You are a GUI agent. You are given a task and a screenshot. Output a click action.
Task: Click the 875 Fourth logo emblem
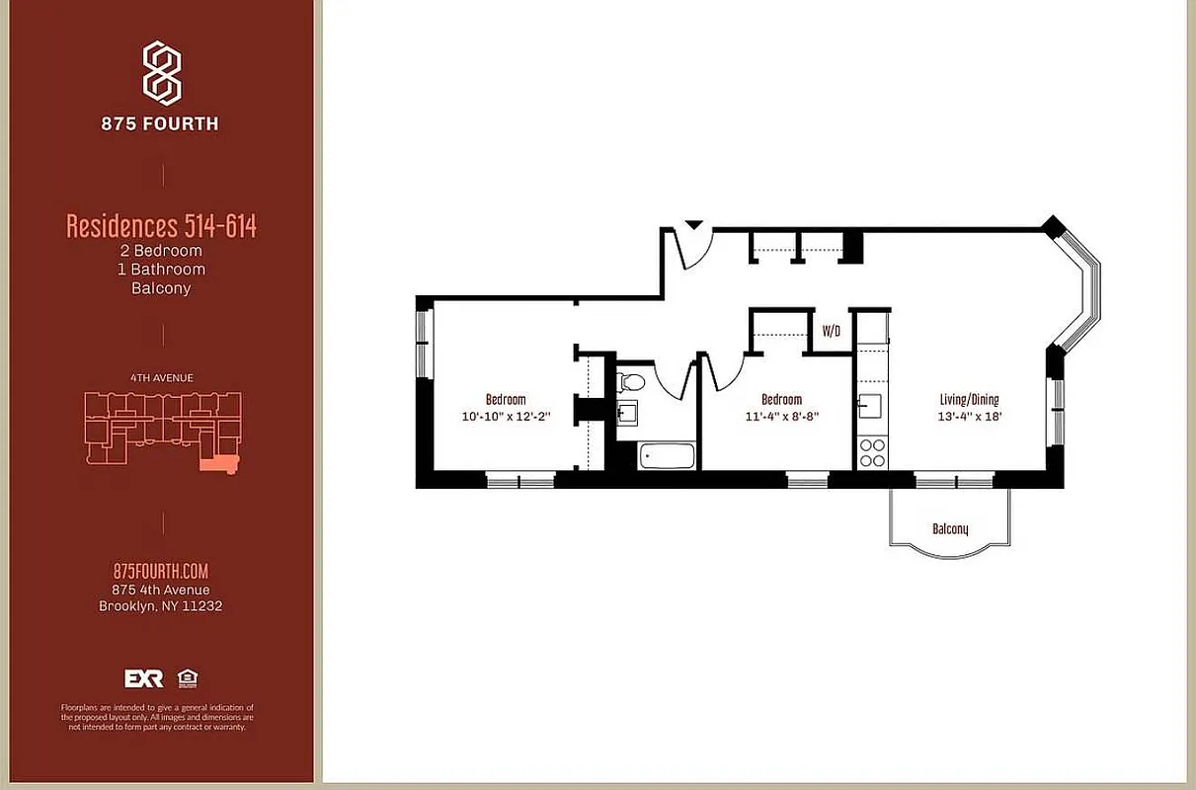tap(162, 72)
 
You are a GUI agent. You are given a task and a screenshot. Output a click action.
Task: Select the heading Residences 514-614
tap(161, 226)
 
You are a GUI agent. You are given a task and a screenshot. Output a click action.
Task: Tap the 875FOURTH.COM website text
tap(161, 572)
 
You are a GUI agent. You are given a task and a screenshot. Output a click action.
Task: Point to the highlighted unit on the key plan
tap(217, 464)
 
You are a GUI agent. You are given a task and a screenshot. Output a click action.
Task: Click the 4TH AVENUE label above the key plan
tap(161, 377)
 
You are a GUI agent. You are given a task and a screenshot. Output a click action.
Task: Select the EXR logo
tap(143, 678)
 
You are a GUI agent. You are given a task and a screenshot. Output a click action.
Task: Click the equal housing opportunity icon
tap(186, 678)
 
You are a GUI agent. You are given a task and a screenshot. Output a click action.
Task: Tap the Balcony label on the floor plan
tap(950, 529)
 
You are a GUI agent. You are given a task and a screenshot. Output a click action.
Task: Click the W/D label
tap(832, 332)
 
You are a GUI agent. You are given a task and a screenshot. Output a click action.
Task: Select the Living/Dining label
tap(969, 400)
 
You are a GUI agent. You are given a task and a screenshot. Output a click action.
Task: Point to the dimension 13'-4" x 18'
tap(969, 417)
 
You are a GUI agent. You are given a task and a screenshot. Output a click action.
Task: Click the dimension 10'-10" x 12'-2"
tap(506, 417)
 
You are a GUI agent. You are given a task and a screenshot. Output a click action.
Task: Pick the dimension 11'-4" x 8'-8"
tap(782, 417)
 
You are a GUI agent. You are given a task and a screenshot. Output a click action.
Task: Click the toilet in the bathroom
tap(632, 380)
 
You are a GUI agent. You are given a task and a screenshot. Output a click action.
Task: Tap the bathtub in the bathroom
tap(667, 456)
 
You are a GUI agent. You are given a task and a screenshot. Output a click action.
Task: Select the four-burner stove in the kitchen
tap(872, 452)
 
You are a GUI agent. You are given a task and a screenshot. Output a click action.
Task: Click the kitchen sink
tap(870, 406)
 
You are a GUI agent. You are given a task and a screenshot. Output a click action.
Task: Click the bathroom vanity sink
tap(627, 412)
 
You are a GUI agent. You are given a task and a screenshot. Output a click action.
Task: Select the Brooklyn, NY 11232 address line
tap(161, 606)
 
